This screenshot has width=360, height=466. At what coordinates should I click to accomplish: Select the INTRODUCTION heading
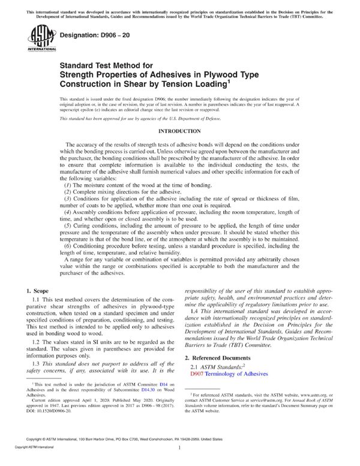pos(179,130)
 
